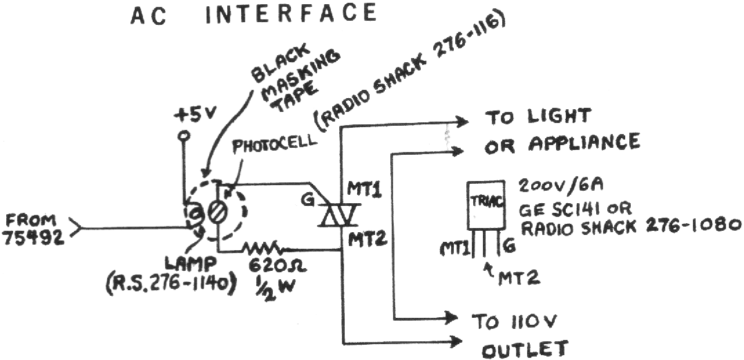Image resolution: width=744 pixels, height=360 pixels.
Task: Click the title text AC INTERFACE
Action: pos(254,14)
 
